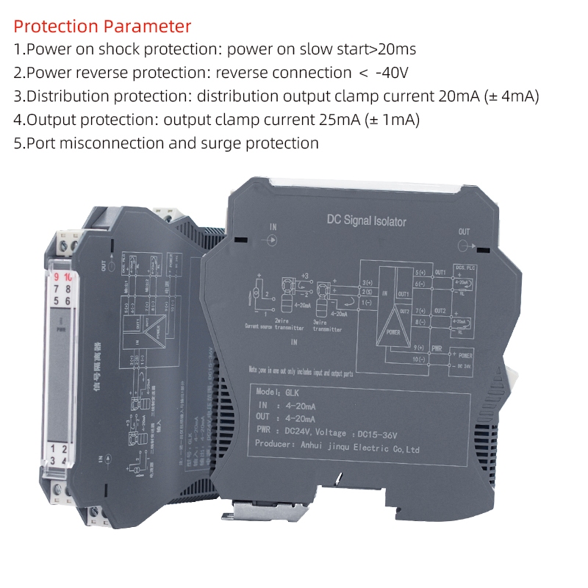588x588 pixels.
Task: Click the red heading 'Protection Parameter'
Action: (102, 27)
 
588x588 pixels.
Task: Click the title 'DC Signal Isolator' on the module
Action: (366, 220)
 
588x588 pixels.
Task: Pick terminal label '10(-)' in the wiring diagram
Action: (420, 359)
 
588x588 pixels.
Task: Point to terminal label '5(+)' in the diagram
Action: (420, 273)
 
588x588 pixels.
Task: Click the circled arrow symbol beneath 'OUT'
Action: (470, 247)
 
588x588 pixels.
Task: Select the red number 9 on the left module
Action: (57, 277)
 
